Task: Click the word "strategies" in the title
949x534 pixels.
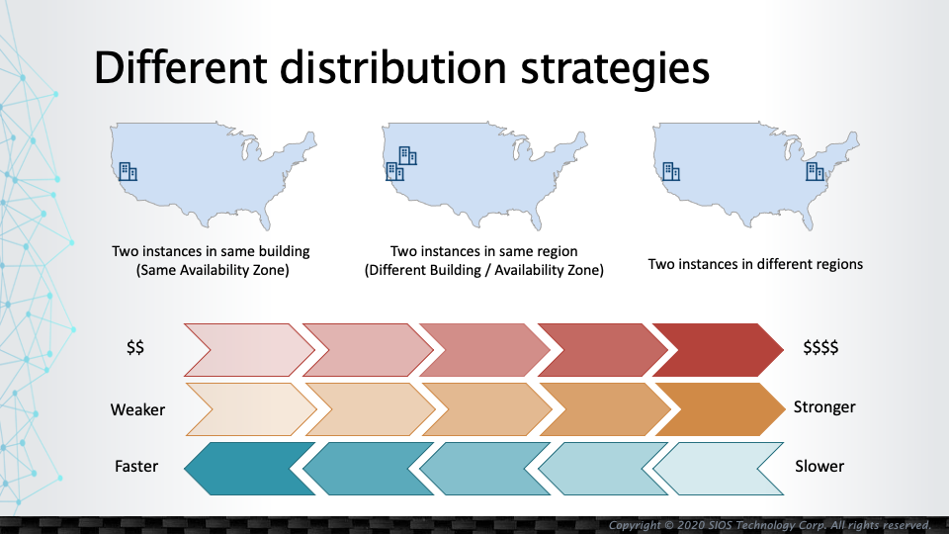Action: (x=614, y=68)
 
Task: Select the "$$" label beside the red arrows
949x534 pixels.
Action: (x=135, y=347)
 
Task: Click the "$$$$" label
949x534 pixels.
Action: (x=820, y=347)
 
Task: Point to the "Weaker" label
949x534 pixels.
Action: (x=137, y=409)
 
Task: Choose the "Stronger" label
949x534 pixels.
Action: (x=824, y=406)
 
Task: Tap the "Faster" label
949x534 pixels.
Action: (x=136, y=466)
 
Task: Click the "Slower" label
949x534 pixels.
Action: (x=819, y=466)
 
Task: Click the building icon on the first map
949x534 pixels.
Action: (x=128, y=172)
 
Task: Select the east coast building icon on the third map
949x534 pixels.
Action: (x=816, y=172)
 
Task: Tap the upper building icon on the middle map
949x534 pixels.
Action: (x=408, y=155)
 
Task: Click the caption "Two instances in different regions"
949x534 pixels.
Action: (x=755, y=264)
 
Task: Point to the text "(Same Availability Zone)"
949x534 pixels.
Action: (x=213, y=270)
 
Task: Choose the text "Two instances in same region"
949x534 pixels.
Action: (x=483, y=251)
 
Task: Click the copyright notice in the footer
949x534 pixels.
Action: (x=769, y=525)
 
